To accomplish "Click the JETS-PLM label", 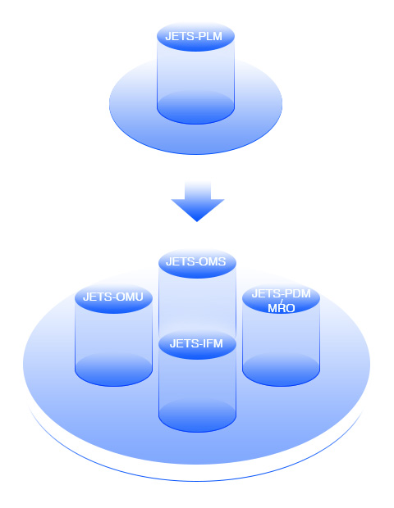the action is click(194, 36).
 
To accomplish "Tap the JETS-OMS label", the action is click(195, 261).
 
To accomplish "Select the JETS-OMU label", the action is click(113, 297).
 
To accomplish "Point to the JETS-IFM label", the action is click(196, 343).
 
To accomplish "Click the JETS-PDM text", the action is click(281, 293).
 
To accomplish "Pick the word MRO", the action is click(281, 308).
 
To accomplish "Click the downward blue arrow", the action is click(198, 202).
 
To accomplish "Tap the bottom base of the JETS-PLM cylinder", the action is click(195, 107).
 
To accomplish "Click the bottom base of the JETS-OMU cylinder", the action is click(113, 370).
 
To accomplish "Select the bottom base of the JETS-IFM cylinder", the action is click(197, 415).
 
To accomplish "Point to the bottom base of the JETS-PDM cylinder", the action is click(281, 370).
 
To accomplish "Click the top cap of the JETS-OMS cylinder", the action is click(197, 263).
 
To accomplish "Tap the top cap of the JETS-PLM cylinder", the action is click(195, 37).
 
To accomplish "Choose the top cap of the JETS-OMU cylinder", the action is click(113, 298).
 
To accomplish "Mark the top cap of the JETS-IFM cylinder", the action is click(197, 345).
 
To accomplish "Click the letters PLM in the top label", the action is click(210, 36).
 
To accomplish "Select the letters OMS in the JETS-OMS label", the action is click(213, 261).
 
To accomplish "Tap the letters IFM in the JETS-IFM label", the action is click(213, 343).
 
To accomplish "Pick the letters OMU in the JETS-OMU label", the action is click(130, 297).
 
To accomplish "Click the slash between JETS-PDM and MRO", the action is click(282, 302).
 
